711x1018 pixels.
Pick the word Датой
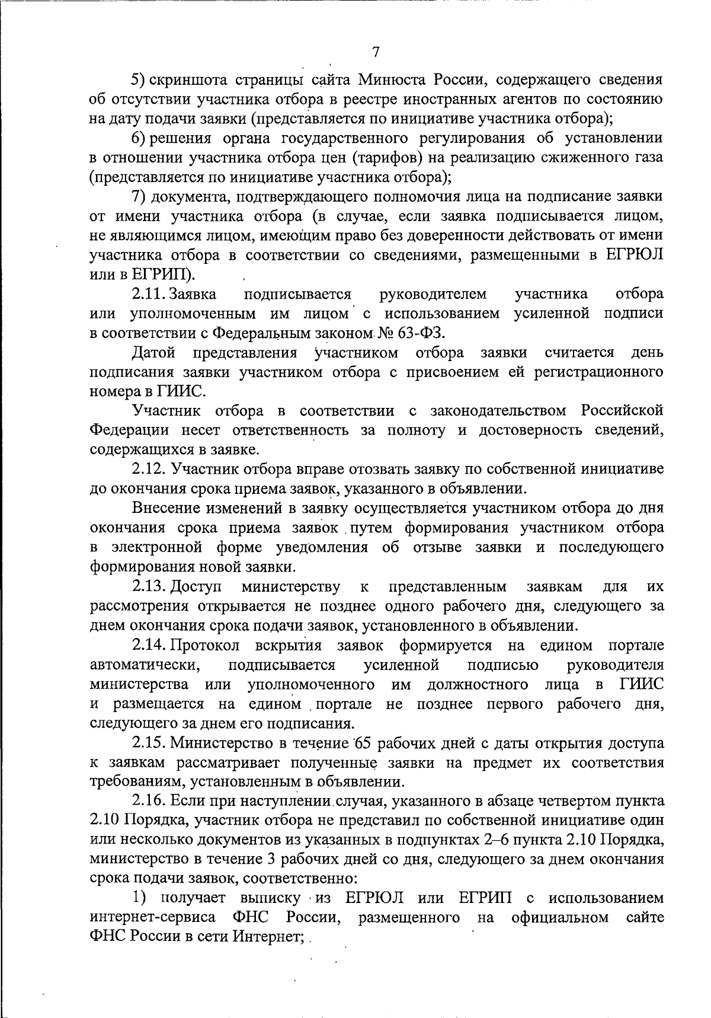click(154, 353)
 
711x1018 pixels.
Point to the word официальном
click(561, 918)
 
